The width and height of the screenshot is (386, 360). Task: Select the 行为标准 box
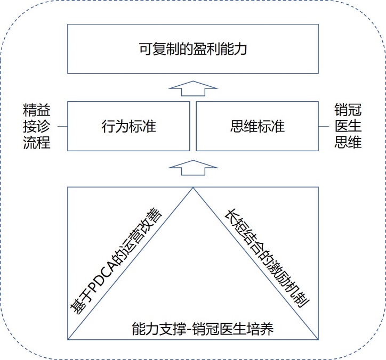(x=128, y=127)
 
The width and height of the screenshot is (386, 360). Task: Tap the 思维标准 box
(x=258, y=127)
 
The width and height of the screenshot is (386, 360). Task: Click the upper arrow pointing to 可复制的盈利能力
(x=192, y=88)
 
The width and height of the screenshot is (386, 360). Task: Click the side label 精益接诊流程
(x=37, y=127)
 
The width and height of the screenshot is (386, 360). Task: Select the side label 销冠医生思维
(x=348, y=127)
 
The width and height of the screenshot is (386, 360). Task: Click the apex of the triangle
(x=192, y=187)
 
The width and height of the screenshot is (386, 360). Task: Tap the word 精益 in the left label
(x=37, y=111)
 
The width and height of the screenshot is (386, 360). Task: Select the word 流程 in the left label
(x=37, y=143)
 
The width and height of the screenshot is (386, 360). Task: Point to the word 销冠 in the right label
(x=348, y=111)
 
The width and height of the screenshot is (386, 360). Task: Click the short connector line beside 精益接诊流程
(x=60, y=127)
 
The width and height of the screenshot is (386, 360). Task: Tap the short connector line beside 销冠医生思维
(x=325, y=127)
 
